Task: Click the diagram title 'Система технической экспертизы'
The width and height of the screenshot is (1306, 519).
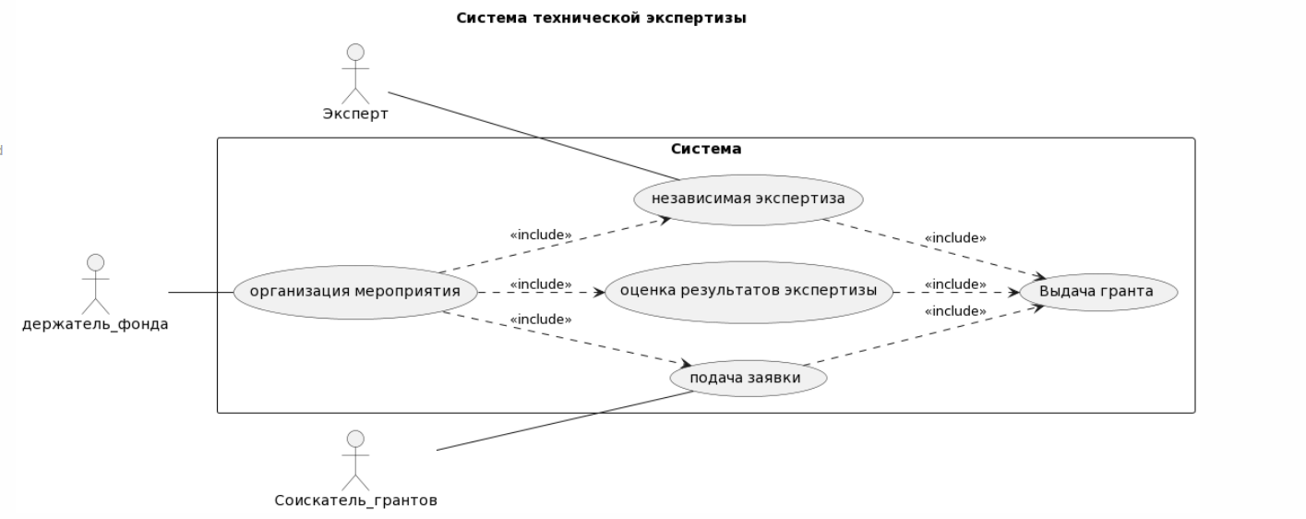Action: click(601, 18)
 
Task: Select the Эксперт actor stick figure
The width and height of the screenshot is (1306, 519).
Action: click(355, 74)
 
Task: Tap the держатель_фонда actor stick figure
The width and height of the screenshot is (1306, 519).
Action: click(95, 284)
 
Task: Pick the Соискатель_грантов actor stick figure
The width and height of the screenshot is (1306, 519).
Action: click(355, 460)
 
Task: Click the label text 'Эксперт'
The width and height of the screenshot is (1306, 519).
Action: click(355, 115)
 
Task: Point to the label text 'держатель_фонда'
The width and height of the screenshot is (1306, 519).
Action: click(95, 324)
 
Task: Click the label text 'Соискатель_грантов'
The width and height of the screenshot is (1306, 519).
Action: click(355, 501)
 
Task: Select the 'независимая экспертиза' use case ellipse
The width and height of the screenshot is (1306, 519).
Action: click(748, 199)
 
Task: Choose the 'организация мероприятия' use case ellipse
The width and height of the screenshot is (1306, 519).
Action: click(356, 293)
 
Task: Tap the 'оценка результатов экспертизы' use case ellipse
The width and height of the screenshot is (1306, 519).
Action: click(748, 293)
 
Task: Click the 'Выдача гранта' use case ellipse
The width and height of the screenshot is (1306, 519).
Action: click(1096, 293)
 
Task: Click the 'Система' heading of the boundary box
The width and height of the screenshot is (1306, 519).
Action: click(705, 149)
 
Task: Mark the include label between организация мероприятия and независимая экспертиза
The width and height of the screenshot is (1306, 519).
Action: click(541, 235)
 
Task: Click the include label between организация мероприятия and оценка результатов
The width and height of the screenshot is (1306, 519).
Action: click(541, 284)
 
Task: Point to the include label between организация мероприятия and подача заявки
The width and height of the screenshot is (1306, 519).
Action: click(541, 320)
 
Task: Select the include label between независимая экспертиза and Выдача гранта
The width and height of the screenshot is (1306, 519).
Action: click(954, 238)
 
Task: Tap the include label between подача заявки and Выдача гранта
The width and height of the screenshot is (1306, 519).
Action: click(954, 311)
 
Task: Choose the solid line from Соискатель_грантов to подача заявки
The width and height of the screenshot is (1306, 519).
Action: click(563, 421)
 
